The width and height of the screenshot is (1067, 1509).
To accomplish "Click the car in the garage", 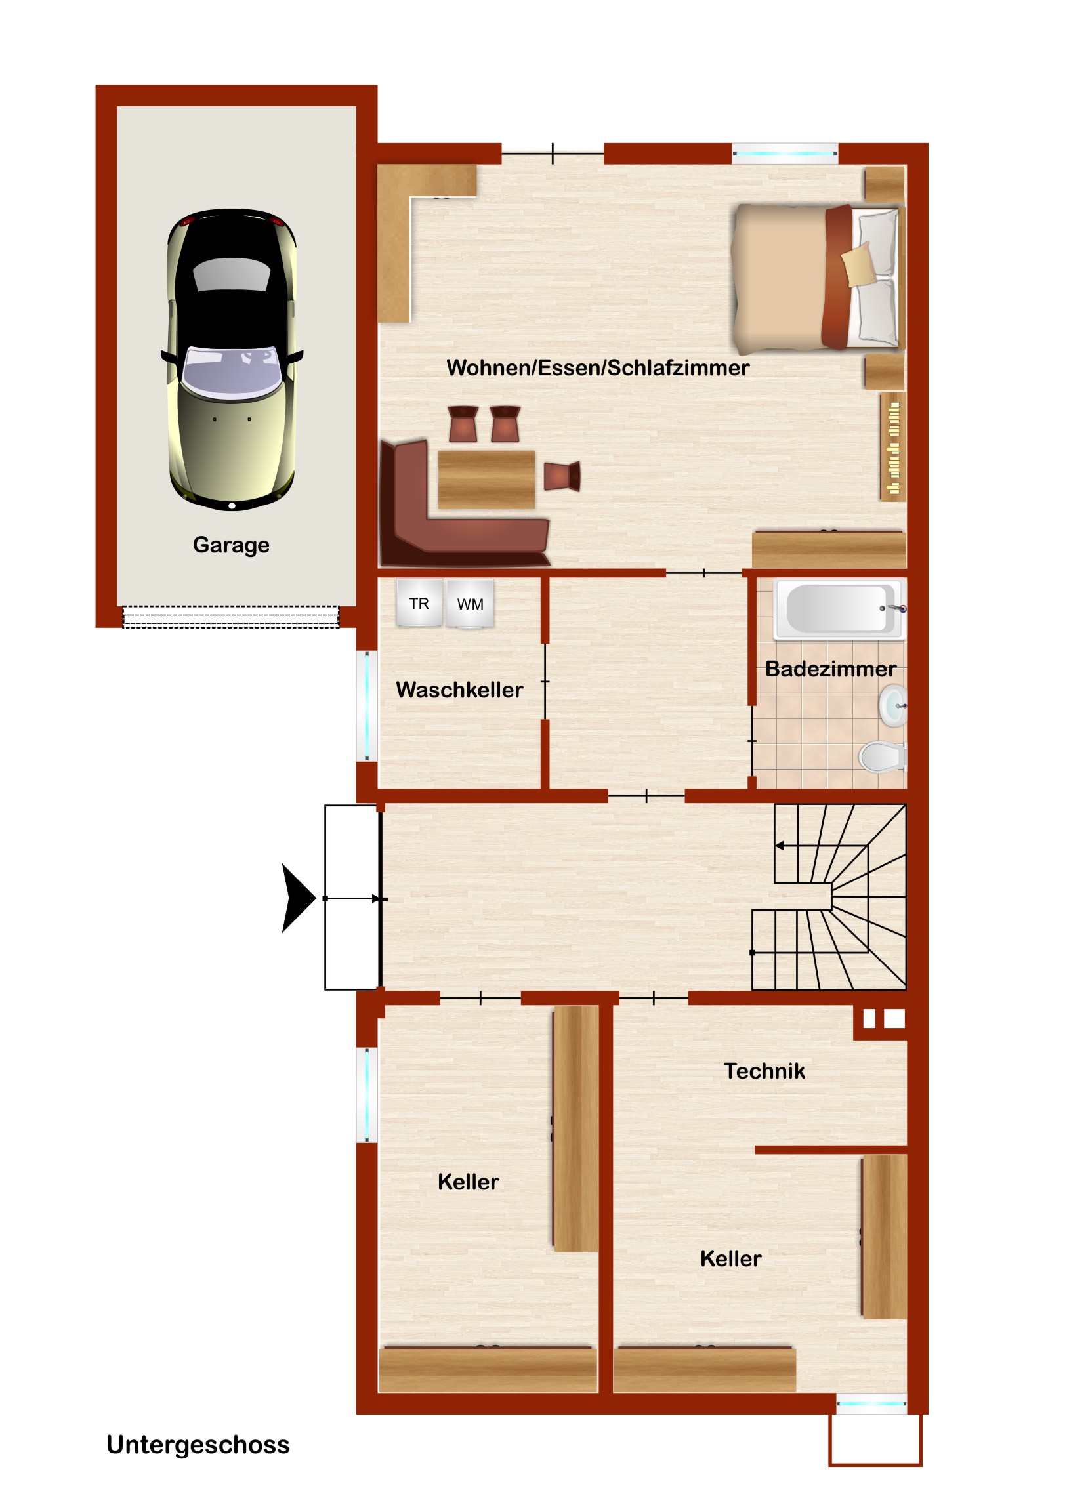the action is (232, 360).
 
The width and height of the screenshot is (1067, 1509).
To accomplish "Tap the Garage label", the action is (231, 545).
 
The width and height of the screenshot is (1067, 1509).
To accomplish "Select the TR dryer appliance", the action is (419, 603).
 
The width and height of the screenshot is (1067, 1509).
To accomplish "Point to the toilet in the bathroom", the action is (883, 756).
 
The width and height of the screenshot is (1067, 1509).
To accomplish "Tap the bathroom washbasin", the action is (894, 705).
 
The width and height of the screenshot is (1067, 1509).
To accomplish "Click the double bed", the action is (818, 279).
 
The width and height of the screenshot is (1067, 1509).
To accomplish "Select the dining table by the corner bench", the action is (486, 479).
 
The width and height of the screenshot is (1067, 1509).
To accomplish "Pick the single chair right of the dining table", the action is (562, 476).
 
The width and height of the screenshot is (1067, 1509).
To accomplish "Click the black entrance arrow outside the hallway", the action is (299, 898).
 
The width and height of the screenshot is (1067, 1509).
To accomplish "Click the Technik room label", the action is (764, 1071).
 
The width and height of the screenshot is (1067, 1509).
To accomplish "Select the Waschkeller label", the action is (459, 690).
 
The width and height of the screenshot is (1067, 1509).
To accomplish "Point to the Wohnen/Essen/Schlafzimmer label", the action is (598, 367).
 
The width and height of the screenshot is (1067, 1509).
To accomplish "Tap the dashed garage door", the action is (231, 617).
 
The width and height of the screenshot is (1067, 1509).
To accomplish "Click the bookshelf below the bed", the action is (894, 447).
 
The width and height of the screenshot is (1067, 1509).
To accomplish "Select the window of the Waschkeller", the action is (367, 706).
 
